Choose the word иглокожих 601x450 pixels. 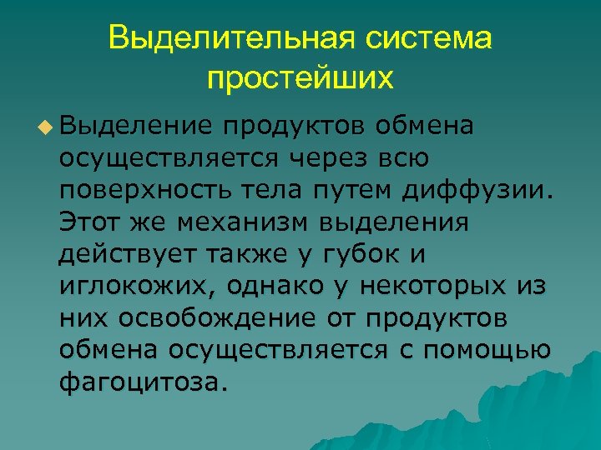tap(133, 286)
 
